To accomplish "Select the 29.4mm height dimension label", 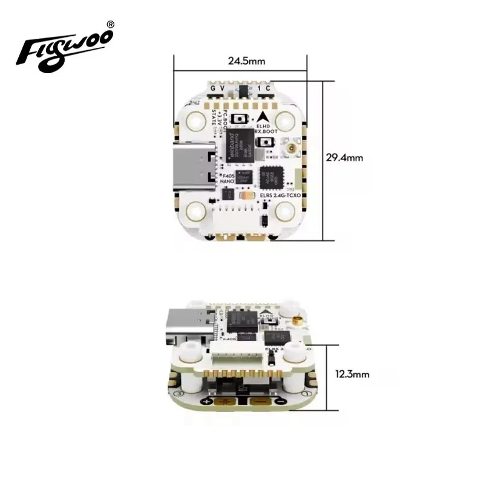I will [344, 157].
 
